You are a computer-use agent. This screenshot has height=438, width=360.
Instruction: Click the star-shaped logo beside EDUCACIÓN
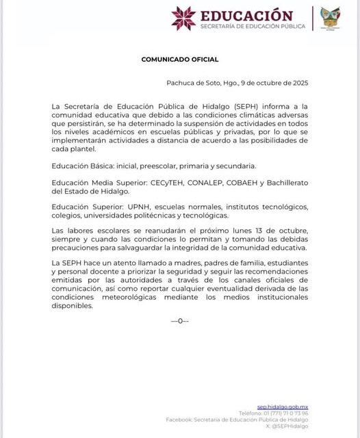coord(183,18)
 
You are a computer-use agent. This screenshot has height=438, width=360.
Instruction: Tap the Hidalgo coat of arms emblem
coord(331,18)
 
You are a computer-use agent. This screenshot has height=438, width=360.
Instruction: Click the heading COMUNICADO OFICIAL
coord(180,60)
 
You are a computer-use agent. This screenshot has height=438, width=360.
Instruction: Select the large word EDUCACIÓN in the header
coord(246,15)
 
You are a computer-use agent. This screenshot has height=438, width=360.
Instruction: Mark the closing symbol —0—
coord(180,320)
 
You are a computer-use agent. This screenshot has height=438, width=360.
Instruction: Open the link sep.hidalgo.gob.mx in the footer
coord(283,407)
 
